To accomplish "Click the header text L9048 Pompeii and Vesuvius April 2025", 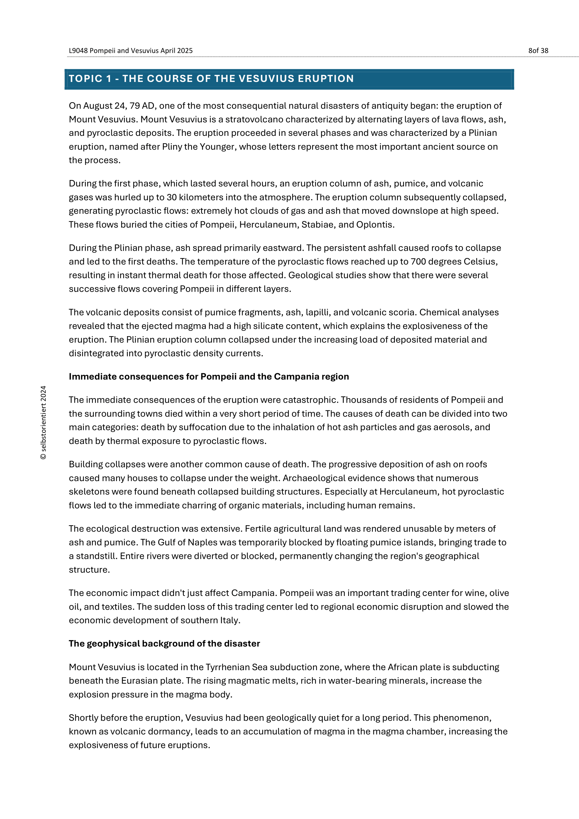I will (131, 51).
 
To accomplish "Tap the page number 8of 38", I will (538, 51).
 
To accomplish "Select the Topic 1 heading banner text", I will (211, 78).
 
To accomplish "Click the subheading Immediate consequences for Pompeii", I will (209, 377).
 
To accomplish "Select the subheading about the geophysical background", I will (165, 644).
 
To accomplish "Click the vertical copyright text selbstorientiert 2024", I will (43, 423).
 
